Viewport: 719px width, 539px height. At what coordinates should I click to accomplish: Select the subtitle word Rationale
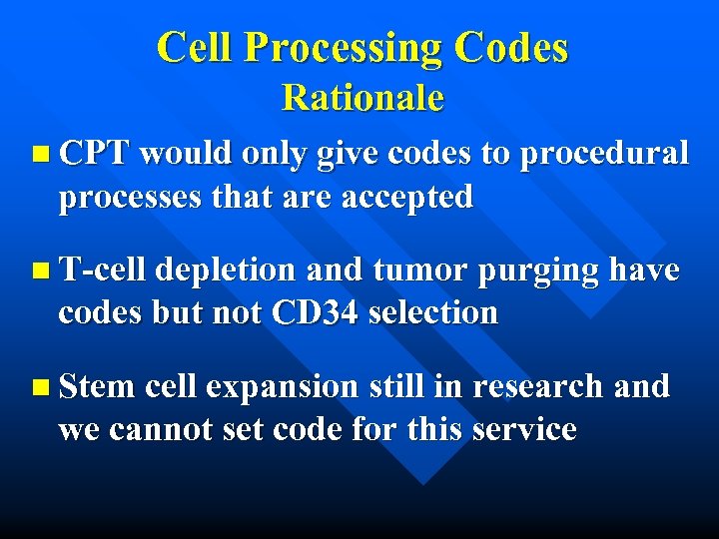(361, 98)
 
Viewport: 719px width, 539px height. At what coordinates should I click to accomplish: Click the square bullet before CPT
(39, 154)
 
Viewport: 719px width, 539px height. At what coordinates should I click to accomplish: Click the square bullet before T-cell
(39, 270)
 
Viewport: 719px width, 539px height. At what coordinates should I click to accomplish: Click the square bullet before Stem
(39, 386)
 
